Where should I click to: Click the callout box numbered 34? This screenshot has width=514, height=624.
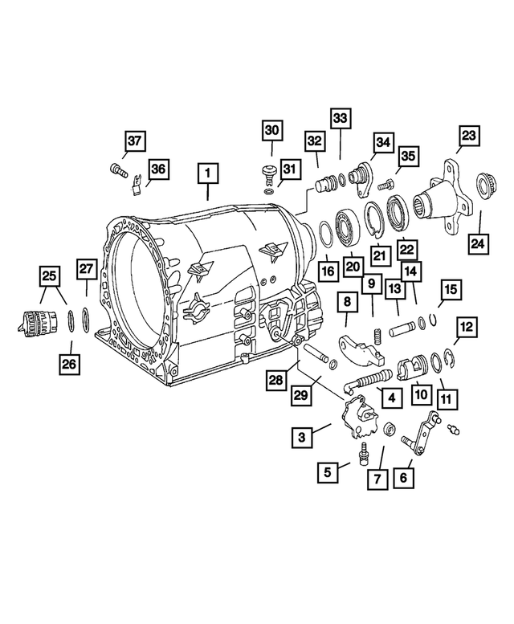coord(382,143)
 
